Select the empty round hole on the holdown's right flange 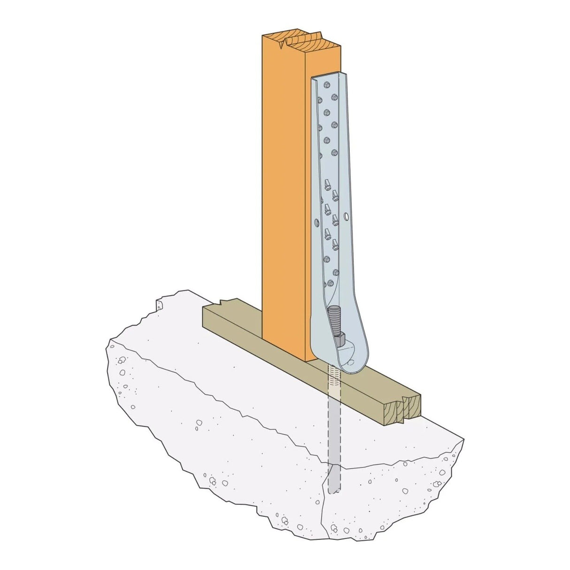click(347, 217)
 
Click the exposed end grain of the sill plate click(404, 408)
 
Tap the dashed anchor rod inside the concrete click(333, 437)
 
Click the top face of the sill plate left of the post click(235, 315)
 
